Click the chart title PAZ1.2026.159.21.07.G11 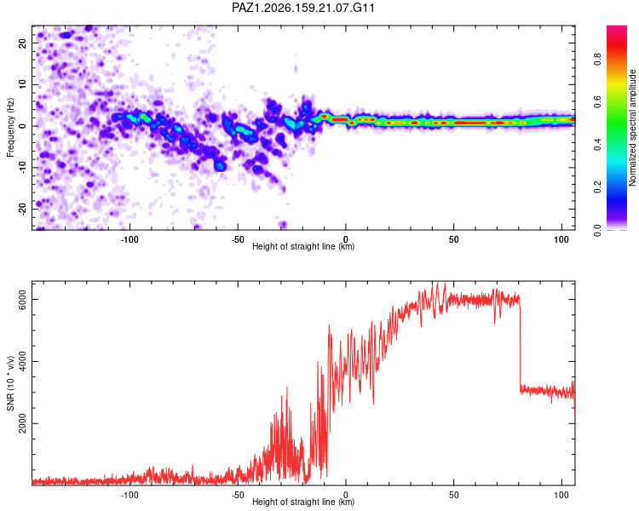[x=302, y=8]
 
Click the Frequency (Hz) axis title [x=10, y=128]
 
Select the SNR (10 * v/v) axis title [x=10, y=383]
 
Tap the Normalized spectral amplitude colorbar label [x=632, y=128]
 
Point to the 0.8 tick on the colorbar [x=598, y=60]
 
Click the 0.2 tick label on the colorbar [x=598, y=187]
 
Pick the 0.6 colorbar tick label [x=598, y=102]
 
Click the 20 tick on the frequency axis [x=22, y=43]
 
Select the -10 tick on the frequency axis [x=22, y=168]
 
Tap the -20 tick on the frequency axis [x=22, y=209]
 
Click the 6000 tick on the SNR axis [x=22, y=300]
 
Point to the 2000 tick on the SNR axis [x=22, y=424]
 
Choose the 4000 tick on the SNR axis [x=22, y=361]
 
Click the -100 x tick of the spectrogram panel [x=130, y=239]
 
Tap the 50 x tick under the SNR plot [x=453, y=495]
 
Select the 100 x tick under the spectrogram [x=561, y=239]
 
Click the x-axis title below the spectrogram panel [x=303, y=246]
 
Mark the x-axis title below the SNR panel [x=303, y=502]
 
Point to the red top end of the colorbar [x=617, y=28]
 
